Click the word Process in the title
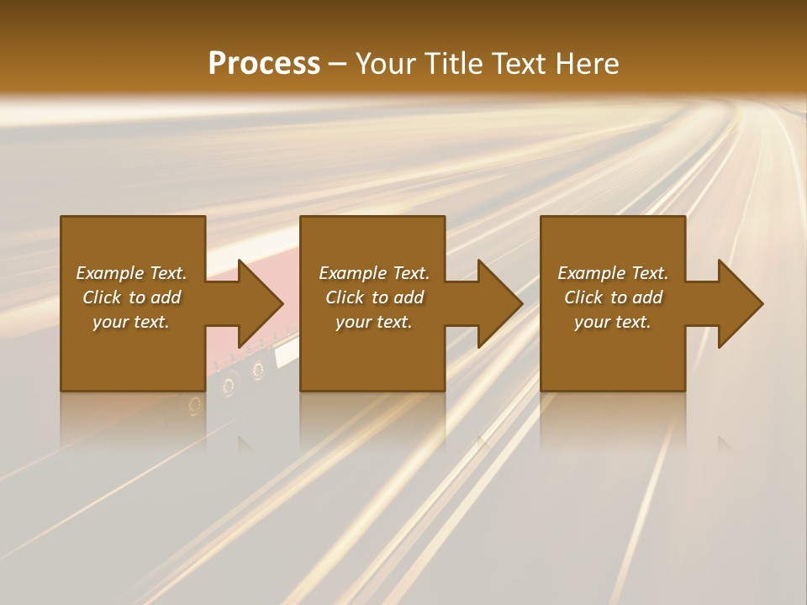(264, 63)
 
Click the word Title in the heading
(450, 63)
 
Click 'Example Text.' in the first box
(131, 273)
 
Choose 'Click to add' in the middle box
(374, 297)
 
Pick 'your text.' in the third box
(613, 322)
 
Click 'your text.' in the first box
(131, 322)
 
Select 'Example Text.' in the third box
(613, 273)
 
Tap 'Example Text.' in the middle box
(374, 273)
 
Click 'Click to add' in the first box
(131, 297)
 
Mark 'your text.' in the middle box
(374, 322)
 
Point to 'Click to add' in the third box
(613, 297)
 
